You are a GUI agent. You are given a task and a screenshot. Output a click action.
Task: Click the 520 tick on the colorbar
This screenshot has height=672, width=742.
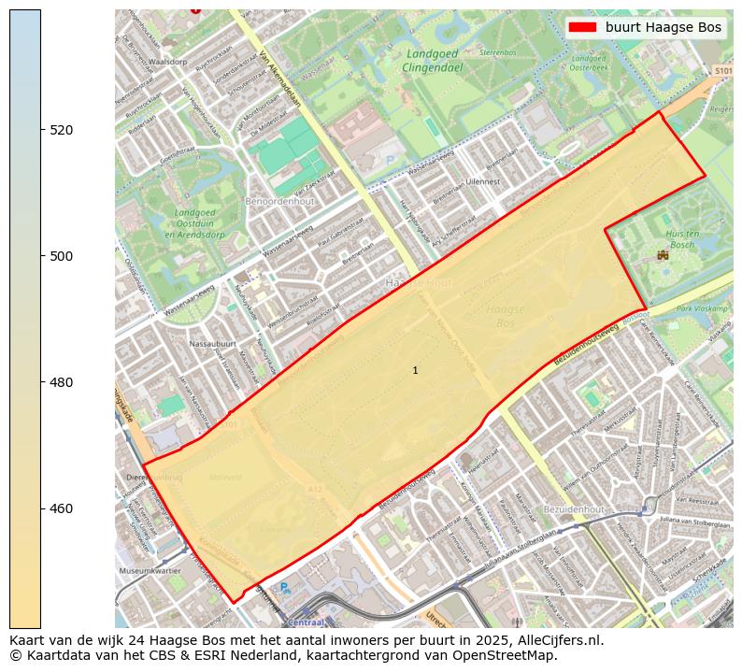42,130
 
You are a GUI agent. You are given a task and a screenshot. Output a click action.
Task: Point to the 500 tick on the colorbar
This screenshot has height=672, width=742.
42,256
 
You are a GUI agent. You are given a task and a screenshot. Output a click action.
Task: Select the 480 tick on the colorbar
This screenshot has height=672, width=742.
42,382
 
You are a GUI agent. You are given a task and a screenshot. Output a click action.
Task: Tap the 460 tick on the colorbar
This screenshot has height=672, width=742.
42,508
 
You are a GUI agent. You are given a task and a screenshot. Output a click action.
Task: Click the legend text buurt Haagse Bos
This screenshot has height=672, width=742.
663,27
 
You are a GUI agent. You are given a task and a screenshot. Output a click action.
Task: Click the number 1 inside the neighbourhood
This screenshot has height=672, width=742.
415,371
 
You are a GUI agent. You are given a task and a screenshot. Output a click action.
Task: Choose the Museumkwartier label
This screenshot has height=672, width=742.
150,569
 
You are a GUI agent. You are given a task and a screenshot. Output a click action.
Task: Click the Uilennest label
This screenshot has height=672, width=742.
483,182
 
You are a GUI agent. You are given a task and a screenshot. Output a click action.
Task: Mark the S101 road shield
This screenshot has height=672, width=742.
722,71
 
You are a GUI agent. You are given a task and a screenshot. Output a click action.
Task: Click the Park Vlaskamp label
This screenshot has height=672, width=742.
702,308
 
